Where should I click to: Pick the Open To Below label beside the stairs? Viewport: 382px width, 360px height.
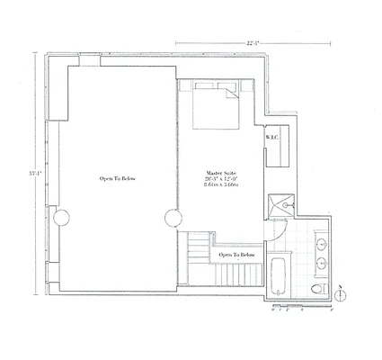click(x=237, y=256)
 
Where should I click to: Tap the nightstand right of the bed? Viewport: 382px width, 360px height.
click(x=247, y=88)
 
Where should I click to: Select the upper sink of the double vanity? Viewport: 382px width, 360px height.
click(x=323, y=242)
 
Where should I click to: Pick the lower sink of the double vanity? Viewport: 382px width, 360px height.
click(x=323, y=263)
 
